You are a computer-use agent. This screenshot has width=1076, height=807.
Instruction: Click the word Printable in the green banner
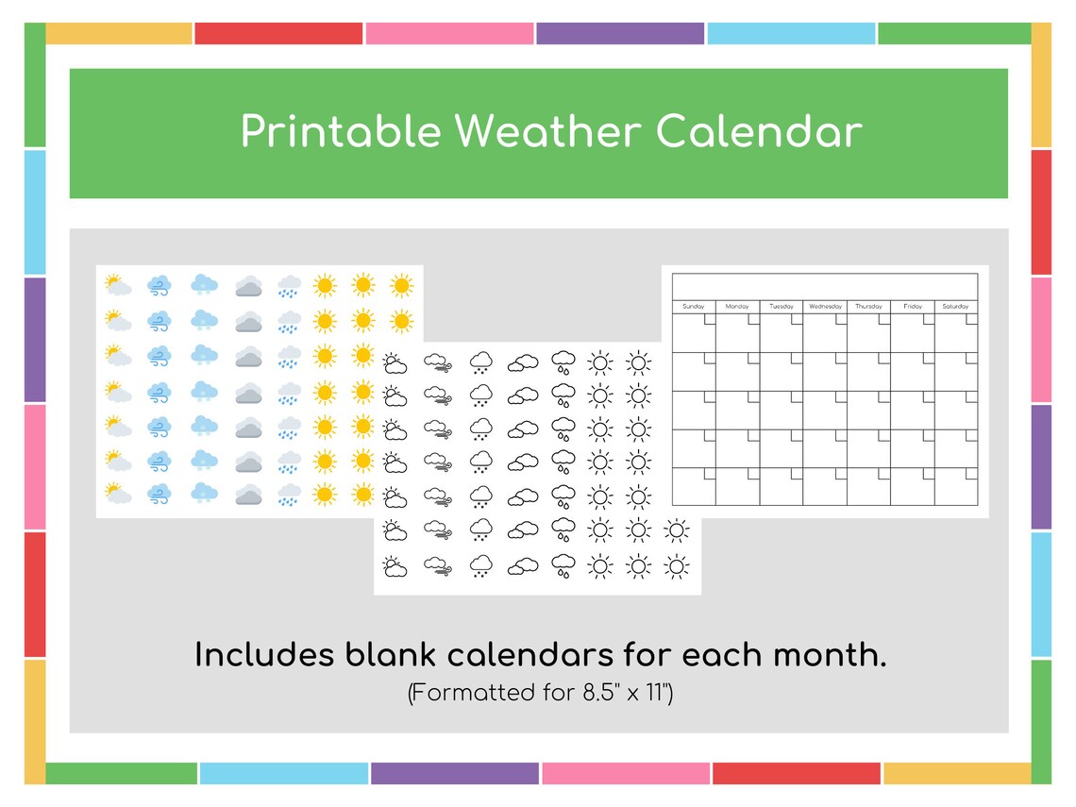[x=340, y=132]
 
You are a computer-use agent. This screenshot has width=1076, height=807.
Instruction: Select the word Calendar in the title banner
[x=759, y=132]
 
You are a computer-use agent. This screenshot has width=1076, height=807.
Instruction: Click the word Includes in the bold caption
[x=264, y=654]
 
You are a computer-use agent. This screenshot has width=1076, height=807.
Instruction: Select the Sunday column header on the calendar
[x=693, y=307]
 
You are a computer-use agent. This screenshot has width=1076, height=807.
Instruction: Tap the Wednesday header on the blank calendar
[x=825, y=307]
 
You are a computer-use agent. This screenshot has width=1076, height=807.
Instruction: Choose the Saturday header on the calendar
[x=956, y=307]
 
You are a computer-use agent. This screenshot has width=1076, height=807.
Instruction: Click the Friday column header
[x=913, y=307]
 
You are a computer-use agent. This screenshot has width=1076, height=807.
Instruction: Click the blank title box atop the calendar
[x=824, y=286]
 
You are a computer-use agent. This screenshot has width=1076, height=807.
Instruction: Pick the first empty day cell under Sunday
[x=693, y=332]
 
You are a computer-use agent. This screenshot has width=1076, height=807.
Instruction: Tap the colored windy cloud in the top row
[x=160, y=285]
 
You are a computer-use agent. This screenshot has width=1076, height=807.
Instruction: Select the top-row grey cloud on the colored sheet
[x=248, y=286]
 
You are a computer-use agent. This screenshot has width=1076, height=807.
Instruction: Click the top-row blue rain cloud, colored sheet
[x=289, y=286]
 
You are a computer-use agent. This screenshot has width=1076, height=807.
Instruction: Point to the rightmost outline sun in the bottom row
[x=676, y=566]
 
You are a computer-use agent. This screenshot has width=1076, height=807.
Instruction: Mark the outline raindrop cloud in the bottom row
[x=563, y=566]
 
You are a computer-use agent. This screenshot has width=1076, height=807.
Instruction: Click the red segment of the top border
[x=278, y=34]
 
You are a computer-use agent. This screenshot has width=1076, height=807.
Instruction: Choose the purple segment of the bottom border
[x=454, y=774]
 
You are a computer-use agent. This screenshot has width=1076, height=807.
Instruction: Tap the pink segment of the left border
[x=35, y=466]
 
